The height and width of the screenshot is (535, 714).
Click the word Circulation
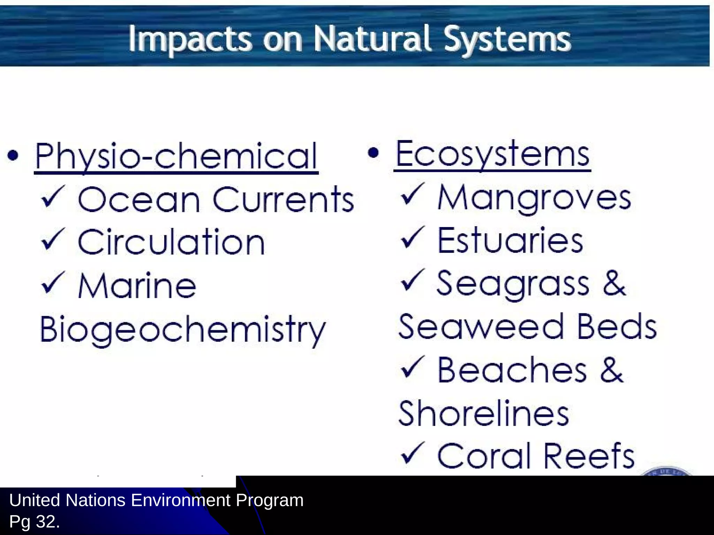pos(171,242)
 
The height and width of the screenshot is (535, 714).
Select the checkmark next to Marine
pos(53,283)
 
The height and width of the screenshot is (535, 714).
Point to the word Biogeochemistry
pos(183,329)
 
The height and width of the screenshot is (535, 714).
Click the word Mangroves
pos(534,198)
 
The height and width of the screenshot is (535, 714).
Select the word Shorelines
pos(484,413)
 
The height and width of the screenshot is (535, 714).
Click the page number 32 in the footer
pos(46,521)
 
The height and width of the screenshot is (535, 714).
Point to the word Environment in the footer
pos(181,501)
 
